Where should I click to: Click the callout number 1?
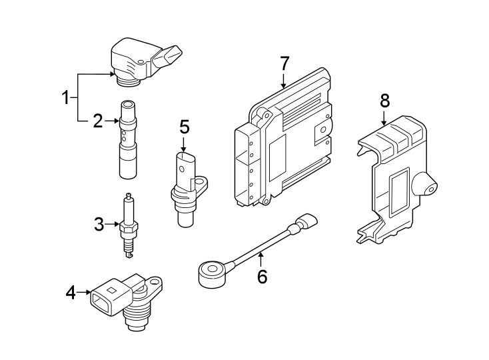66,99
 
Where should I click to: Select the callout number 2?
97,121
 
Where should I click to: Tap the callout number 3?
99,225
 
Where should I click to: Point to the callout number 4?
71,291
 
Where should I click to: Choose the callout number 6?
262,276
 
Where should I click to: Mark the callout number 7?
284,64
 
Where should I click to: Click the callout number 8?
384,101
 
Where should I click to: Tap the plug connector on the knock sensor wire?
307,221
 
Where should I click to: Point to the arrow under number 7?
284,81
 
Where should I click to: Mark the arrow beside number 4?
85,291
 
